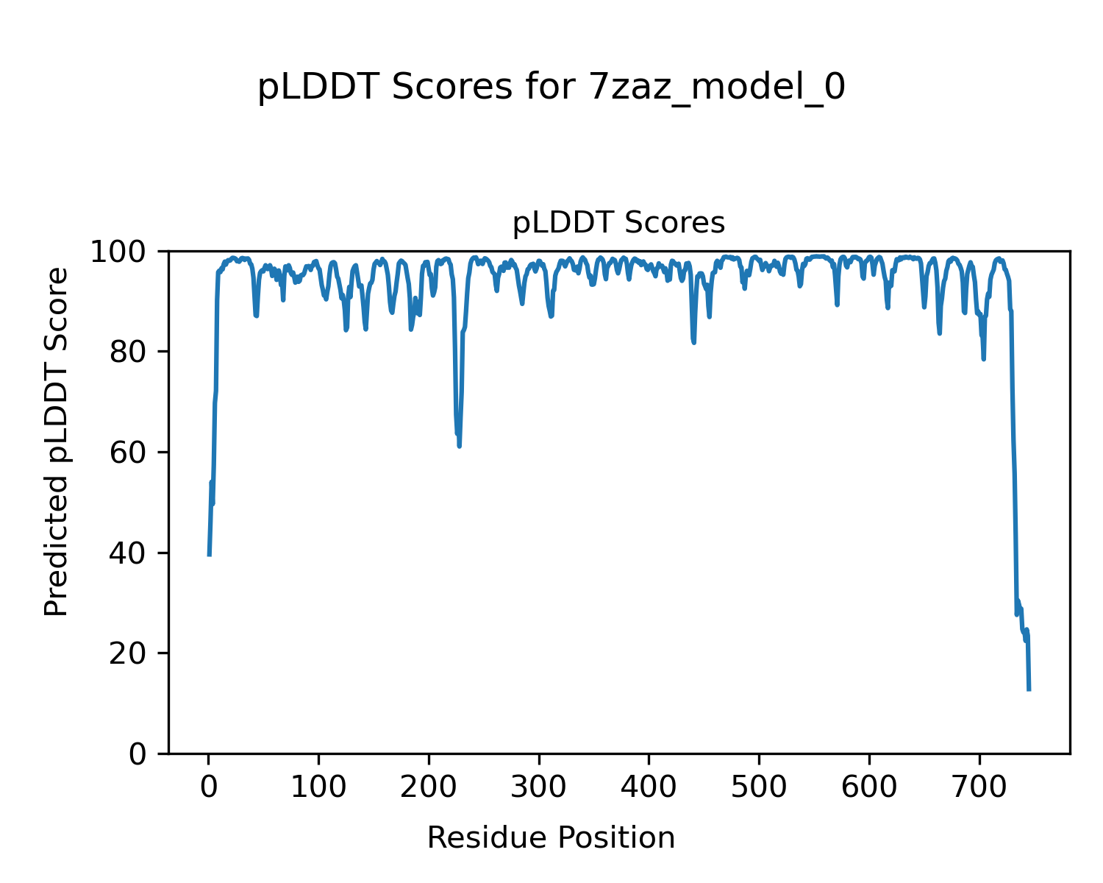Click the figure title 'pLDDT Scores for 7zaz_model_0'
(x=551, y=88)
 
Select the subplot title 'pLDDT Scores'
(x=618, y=223)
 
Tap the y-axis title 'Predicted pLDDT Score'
(x=57, y=441)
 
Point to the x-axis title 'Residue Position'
(x=551, y=838)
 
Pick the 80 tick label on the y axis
(x=129, y=352)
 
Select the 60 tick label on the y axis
(x=129, y=453)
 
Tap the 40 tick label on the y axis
(x=129, y=553)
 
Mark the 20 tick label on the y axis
(x=129, y=654)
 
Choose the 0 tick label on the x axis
(x=209, y=787)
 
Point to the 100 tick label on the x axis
(x=318, y=787)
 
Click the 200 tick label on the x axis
(x=429, y=787)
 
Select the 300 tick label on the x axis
(x=539, y=787)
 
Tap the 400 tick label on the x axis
(x=649, y=787)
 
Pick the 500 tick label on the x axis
(x=759, y=787)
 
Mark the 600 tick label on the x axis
(x=869, y=787)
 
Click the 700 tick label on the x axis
(x=979, y=787)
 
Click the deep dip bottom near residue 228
(x=460, y=446)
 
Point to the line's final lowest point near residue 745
(x=1029, y=689)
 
